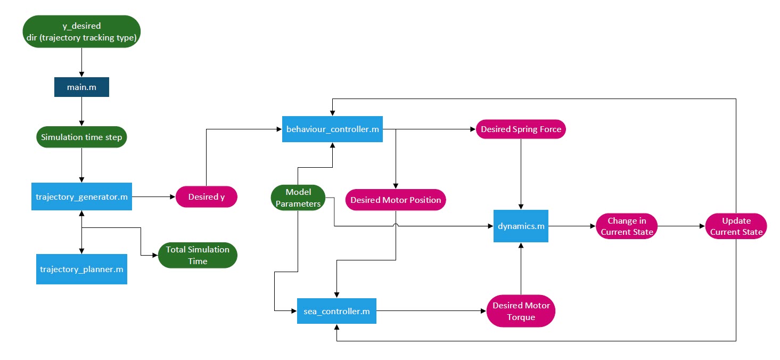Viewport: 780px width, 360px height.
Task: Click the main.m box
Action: click(81, 87)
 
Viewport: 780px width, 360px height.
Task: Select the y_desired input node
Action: click(81, 31)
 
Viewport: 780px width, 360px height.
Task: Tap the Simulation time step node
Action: click(81, 137)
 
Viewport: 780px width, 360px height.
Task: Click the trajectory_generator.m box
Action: click(81, 197)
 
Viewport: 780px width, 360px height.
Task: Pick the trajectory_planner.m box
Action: click(81, 269)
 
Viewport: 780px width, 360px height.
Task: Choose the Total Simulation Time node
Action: click(198, 255)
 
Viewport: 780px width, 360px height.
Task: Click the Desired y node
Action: click(207, 197)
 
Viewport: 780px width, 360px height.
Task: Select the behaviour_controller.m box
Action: click(332, 129)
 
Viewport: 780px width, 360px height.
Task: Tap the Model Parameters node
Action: click(298, 198)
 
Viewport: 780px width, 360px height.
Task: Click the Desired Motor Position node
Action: click(396, 200)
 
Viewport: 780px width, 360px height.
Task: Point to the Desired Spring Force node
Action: click(521, 129)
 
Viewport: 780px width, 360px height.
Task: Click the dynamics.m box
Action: click(521, 226)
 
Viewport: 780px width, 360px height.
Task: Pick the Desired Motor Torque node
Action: click(521, 311)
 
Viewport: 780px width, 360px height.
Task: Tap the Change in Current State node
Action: click(626, 226)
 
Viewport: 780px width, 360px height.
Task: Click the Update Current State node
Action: click(736, 226)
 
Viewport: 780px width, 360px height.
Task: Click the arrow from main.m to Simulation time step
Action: click(81, 112)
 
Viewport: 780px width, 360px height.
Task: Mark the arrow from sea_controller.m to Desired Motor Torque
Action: click(431, 310)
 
